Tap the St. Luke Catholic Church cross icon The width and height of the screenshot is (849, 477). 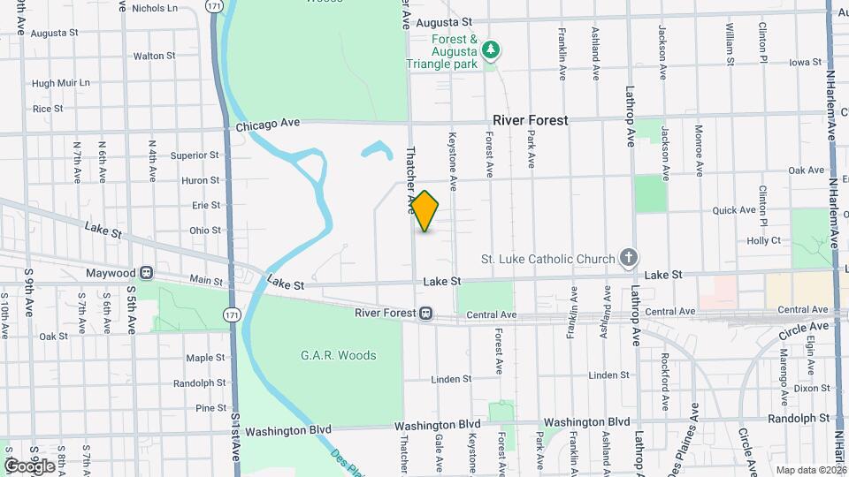628,258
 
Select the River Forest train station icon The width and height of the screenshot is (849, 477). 426,313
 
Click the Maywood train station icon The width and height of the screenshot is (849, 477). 146,273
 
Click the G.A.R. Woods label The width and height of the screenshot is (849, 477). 338,355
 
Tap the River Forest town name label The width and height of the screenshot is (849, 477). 531,120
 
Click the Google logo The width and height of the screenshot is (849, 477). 30,466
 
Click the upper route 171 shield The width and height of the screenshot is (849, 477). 213,6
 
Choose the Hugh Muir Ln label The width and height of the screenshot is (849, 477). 61,83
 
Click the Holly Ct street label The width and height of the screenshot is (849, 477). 763,240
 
